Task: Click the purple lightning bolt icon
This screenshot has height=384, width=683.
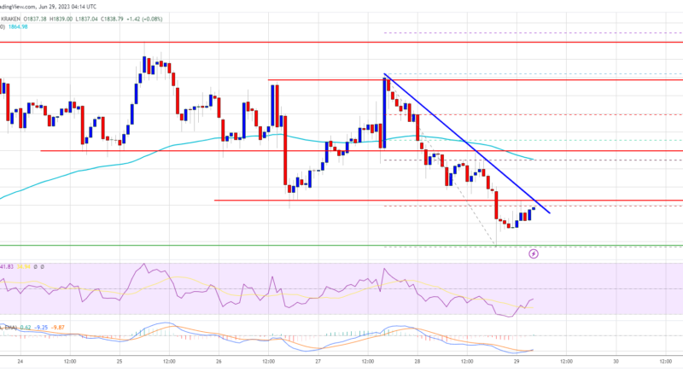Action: click(534, 253)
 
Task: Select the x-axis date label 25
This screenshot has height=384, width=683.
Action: click(119, 361)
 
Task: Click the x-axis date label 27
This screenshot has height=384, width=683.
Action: click(317, 361)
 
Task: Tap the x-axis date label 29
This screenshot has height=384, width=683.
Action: click(516, 361)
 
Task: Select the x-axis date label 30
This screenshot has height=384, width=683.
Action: click(616, 361)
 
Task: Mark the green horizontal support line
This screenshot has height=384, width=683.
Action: click(341, 246)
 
